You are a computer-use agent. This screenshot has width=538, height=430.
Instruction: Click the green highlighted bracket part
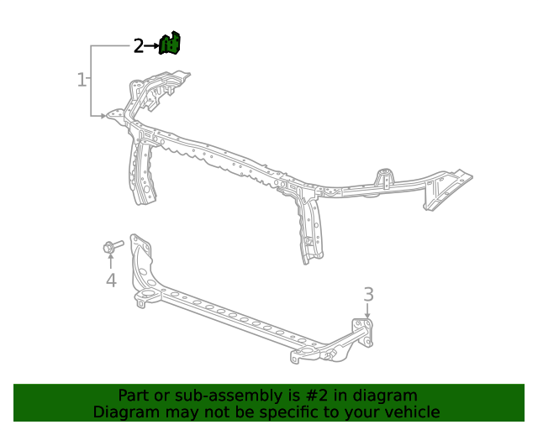[171, 44]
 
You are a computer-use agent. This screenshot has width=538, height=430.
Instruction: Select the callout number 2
[139, 46]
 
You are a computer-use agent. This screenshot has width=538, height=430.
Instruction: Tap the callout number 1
[82, 81]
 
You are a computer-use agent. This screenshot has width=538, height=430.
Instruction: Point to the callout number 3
[368, 294]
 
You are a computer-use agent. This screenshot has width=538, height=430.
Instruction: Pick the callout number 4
[111, 280]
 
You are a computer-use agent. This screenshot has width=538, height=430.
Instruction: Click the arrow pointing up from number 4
[111, 261]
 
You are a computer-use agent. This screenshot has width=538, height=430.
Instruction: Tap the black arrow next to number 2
[153, 46]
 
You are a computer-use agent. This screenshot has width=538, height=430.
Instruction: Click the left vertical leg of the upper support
[140, 172]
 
